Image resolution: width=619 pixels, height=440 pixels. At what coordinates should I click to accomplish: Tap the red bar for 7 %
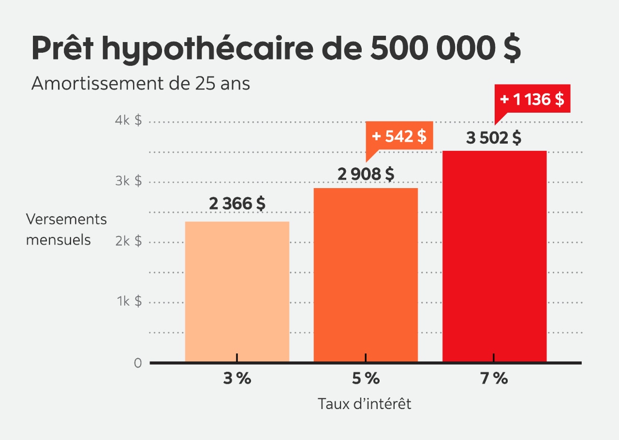(x=494, y=256)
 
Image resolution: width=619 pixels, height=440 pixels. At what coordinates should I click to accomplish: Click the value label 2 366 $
(x=237, y=204)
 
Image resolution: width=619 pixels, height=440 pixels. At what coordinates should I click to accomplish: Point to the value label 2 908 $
(x=366, y=174)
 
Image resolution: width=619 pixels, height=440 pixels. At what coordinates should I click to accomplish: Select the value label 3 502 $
(x=494, y=138)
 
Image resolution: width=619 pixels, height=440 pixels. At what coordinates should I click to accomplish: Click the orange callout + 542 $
(x=399, y=136)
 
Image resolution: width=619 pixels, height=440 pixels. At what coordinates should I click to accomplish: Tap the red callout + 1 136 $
(x=532, y=99)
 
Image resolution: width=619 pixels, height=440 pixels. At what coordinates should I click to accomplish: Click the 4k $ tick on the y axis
(x=129, y=120)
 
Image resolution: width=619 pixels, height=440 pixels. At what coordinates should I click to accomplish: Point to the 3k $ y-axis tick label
(x=129, y=181)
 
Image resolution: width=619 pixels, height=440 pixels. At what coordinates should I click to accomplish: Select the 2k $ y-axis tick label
(x=129, y=241)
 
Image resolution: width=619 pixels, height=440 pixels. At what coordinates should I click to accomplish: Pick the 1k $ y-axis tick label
(x=129, y=301)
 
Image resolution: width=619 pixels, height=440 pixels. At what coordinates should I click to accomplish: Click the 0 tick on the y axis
(x=138, y=363)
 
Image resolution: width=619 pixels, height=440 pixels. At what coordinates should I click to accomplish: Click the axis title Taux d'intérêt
(x=365, y=404)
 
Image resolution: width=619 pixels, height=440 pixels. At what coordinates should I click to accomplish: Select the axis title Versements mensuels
(x=66, y=229)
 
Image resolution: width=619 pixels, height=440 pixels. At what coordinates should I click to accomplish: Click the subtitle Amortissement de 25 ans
(x=141, y=84)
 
